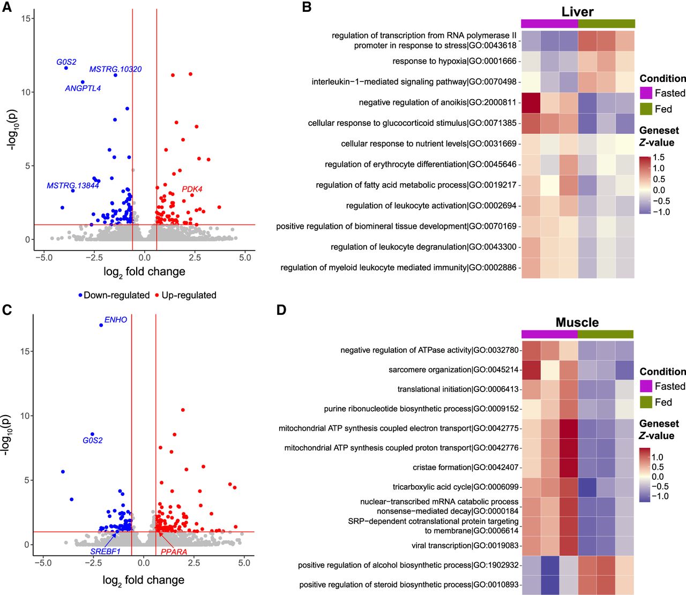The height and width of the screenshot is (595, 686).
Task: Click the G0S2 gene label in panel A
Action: [66, 62]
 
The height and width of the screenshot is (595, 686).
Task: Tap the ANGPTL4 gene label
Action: [83, 88]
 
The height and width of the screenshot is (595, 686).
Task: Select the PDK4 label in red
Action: [192, 189]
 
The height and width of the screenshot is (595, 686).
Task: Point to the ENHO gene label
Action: [116, 320]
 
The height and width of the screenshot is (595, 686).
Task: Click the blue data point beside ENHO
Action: [101, 325]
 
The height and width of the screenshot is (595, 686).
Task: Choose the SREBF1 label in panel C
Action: [105, 551]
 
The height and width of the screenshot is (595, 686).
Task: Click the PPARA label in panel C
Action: [174, 552]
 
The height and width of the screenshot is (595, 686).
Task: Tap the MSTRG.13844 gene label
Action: [73, 186]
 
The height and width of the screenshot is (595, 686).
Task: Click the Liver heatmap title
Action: [577, 12]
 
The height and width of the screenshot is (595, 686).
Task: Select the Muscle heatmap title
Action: [577, 322]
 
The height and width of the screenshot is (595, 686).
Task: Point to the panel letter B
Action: [307, 7]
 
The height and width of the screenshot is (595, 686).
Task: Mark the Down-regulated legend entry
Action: [114, 295]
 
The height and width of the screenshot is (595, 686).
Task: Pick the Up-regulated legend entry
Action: [185, 295]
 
